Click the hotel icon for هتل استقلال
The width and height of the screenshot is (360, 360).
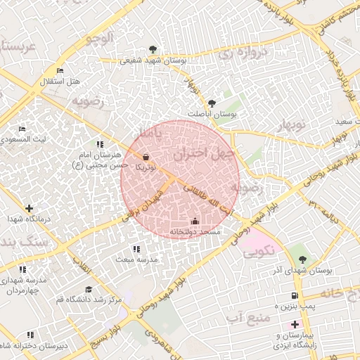click(x=60, y=71)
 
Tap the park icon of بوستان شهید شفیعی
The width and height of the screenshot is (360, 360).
click(x=153, y=49)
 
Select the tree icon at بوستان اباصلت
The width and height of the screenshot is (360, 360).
click(x=212, y=103)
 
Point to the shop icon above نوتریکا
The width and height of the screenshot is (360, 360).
click(x=146, y=157)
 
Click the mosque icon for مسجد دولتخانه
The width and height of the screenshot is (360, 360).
click(x=195, y=221)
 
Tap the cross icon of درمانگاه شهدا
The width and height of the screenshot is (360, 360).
click(x=29, y=208)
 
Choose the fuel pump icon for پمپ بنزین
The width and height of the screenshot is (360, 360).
click(x=294, y=296)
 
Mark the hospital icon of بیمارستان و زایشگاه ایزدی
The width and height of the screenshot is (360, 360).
click(x=294, y=324)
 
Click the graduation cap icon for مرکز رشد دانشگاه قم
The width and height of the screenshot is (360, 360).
click(x=89, y=289)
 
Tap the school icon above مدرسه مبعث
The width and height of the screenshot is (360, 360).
click(x=136, y=248)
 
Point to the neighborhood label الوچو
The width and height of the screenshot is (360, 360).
click(x=98, y=39)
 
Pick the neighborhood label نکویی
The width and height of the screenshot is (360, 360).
click(x=259, y=251)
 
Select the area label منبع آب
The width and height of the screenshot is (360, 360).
click(x=248, y=319)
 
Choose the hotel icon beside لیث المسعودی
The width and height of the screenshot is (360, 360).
click(x=22, y=129)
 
